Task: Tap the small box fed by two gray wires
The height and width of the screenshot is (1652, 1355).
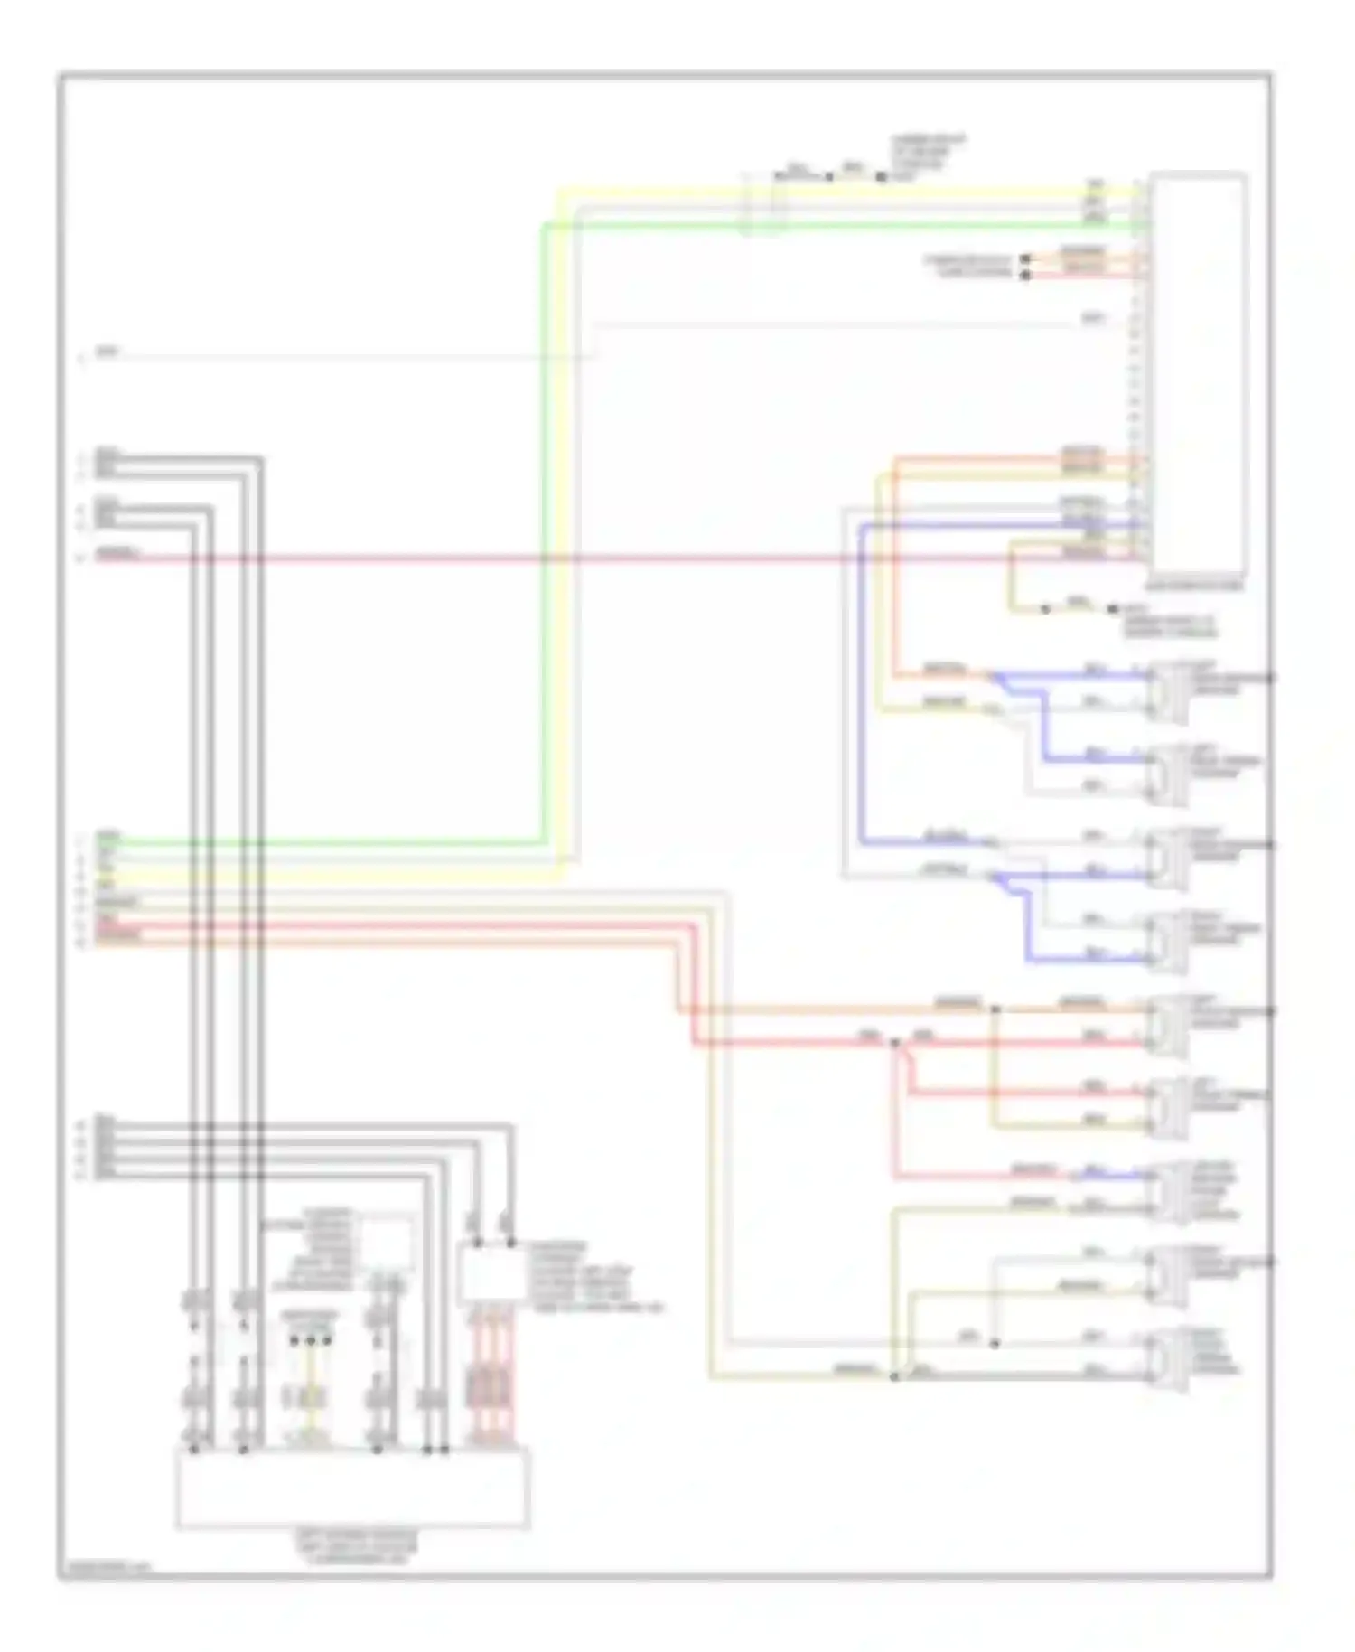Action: coord(491,1274)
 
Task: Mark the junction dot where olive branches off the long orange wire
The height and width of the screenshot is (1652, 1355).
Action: coord(995,1009)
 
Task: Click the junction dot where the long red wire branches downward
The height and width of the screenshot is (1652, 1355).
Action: coord(895,1043)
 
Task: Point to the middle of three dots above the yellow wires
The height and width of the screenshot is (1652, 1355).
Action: coord(311,1341)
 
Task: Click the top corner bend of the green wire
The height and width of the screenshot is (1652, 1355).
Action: coord(545,225)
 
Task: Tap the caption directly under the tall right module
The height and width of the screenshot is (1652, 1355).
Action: coord(1197,586)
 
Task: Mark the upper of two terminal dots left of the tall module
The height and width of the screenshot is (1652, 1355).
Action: coord(1025,259)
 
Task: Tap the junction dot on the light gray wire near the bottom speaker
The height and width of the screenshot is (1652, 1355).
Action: coord(995,1344)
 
